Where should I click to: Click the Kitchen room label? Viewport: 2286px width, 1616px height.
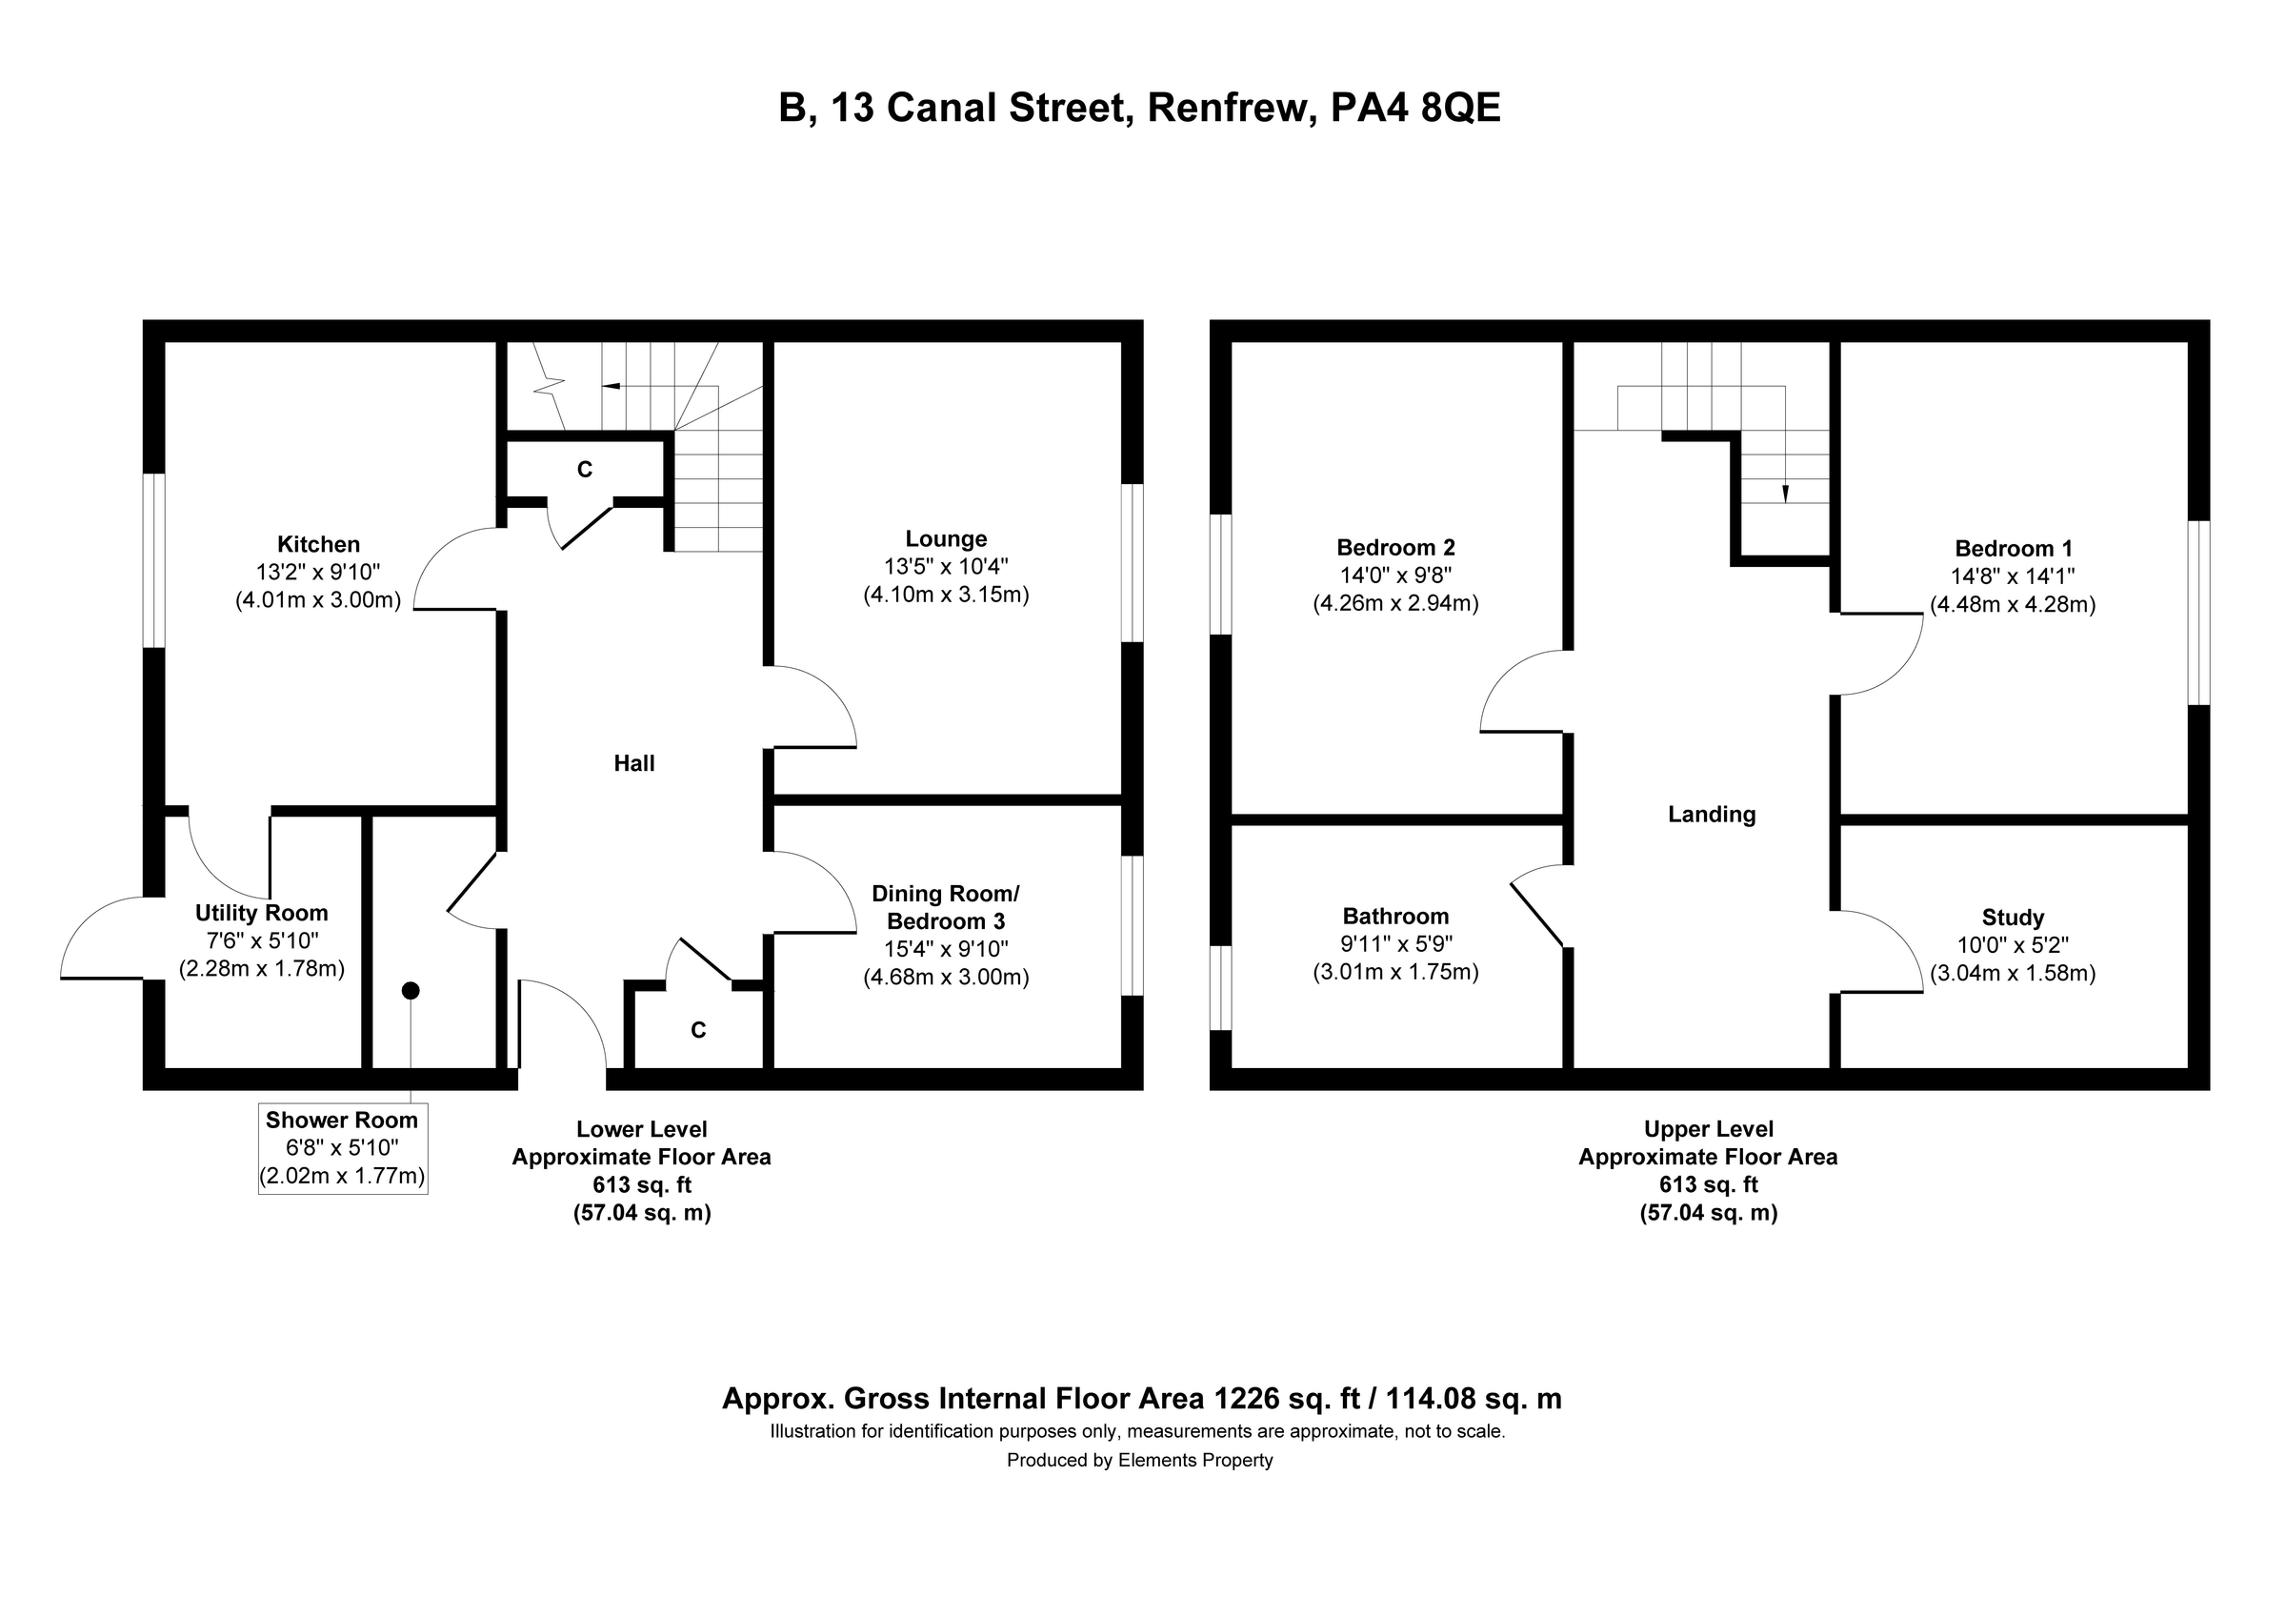point(317,545)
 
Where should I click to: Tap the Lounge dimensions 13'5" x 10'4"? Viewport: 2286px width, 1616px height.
point(945,567)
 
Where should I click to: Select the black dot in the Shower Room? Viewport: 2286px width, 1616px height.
point(411,991)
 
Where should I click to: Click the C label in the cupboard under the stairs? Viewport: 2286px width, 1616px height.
point(585,470)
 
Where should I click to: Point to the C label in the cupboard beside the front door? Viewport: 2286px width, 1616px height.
point(698,1031)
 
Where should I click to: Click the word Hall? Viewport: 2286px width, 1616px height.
point(633,763)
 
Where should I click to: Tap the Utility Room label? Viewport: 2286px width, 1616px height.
point(261,913)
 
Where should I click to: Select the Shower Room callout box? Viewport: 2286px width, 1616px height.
point(343,1148)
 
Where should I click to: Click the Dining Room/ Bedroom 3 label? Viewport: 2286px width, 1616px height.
point(945,907)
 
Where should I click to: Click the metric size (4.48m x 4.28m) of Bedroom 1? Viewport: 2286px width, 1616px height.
point(2013,604)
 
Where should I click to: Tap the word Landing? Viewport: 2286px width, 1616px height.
point(1711,815)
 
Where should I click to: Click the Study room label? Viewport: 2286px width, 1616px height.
point(2013,917)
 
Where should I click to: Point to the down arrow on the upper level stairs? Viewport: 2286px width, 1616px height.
point(1784,493)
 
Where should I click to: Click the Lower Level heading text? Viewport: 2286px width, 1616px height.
point(641,1129)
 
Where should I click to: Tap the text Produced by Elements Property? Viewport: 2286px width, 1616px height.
point(1139,1460)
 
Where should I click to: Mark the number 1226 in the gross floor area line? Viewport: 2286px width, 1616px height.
point(1246,1398)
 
